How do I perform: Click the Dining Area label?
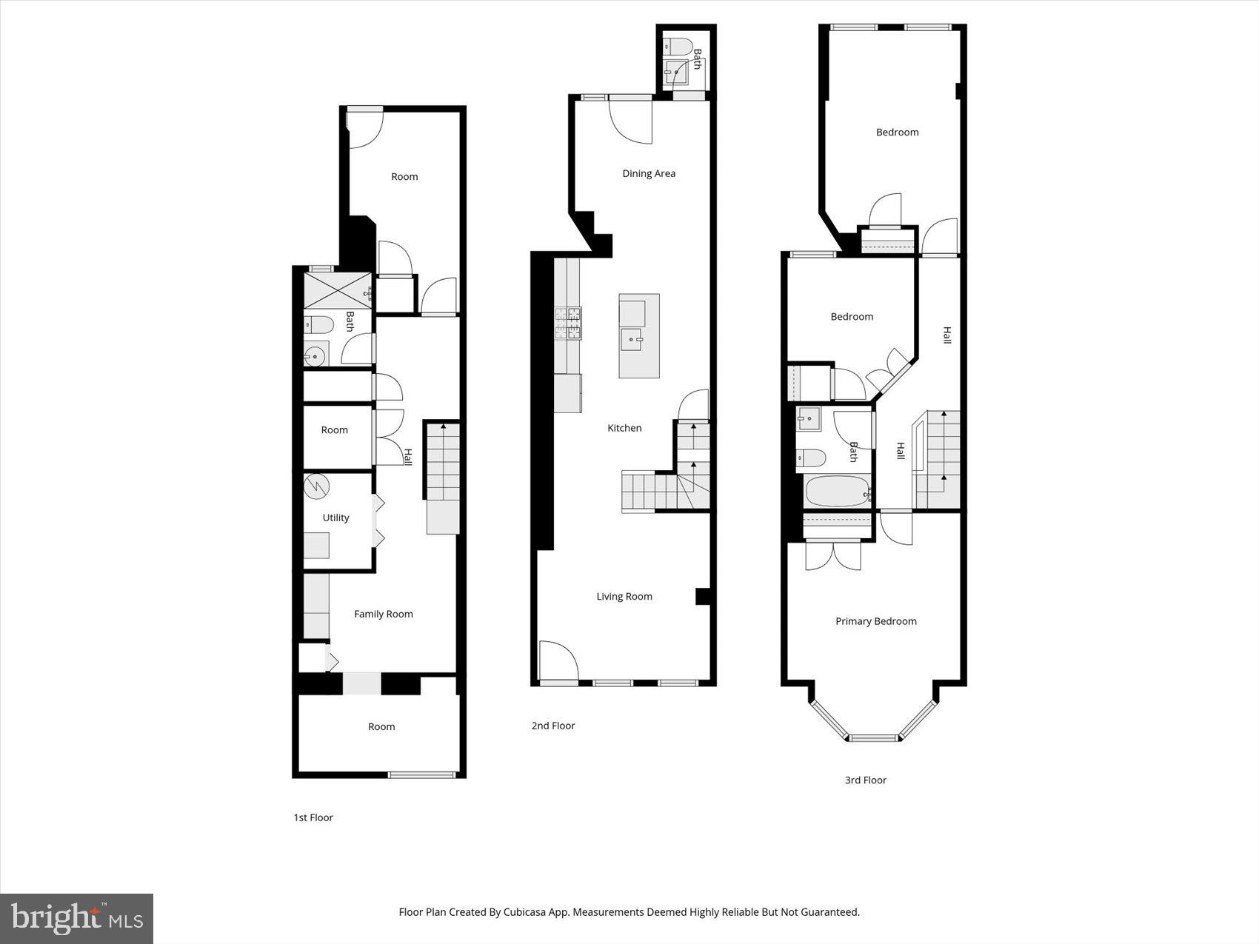[649, 173]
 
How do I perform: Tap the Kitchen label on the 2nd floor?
[624, 428]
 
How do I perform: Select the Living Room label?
[624, 596]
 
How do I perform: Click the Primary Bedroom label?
[876, 621]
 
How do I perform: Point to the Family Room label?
[383, 614]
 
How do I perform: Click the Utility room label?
[335, 518]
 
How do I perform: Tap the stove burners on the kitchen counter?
[568, 324]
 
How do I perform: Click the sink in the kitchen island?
[632, 341]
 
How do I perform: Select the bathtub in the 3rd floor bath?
[837, 492]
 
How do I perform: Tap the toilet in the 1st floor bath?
[319, 324]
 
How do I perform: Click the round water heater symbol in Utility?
[316, 486]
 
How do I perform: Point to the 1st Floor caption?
[313, 817]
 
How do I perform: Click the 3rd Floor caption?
[865, 780]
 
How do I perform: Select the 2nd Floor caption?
[552, 726]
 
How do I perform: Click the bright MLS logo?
[76, 918]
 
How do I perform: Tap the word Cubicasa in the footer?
[524, 912]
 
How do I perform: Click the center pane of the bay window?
[873, 737]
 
